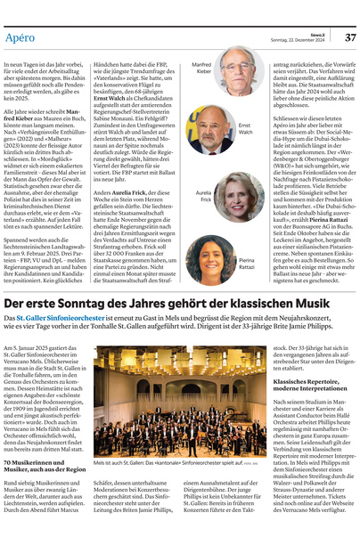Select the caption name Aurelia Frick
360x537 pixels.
tap(202, 195)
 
